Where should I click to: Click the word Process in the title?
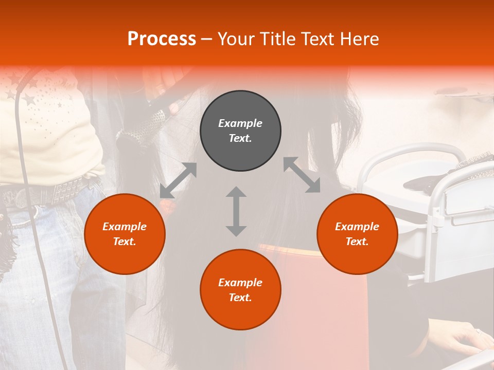point(162,39)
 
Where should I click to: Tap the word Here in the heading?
point(359,39)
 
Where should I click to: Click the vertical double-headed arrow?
point(236,211)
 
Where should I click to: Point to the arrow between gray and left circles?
point(178,180)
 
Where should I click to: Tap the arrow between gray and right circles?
point(302,175)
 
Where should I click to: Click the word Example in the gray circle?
point(240,123)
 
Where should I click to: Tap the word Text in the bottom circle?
point(240,298)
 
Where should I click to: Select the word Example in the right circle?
point(357,227)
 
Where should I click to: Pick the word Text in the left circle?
point(125,242)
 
